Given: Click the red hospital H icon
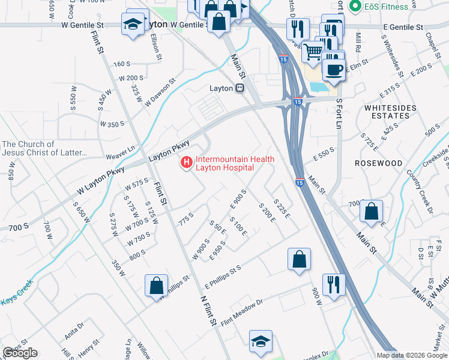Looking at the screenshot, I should point(187,162).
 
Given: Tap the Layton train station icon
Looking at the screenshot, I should point(240,88).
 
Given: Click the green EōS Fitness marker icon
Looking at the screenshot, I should point(355,7).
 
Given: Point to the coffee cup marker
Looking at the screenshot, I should point(334,68).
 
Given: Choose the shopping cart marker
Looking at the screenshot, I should point(313,52).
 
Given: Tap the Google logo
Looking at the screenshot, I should point(20,353).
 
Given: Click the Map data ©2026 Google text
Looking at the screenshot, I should point(412,355).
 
